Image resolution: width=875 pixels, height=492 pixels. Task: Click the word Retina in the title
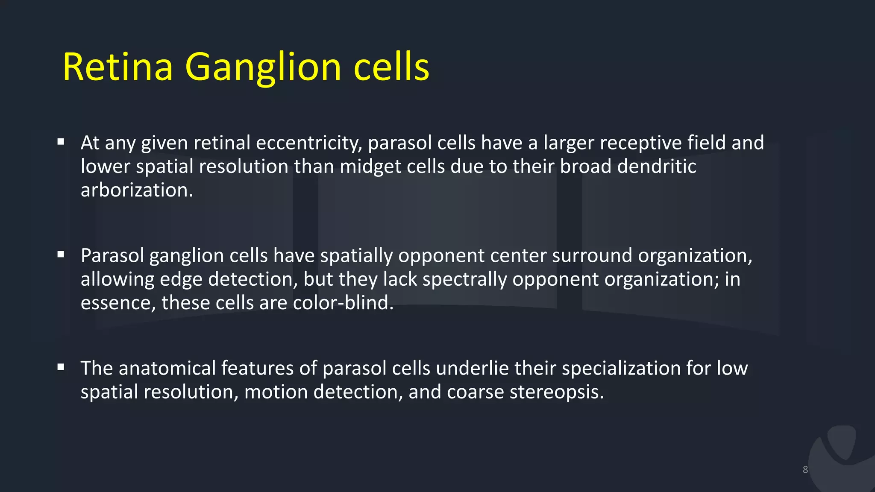117,67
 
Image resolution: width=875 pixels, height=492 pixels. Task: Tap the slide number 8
805,470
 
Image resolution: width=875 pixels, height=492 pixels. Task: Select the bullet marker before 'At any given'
61,141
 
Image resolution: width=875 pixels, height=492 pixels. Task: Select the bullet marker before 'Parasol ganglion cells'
61,254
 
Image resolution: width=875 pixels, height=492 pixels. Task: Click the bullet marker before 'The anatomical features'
61,367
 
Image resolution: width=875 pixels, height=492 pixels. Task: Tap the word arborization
137,190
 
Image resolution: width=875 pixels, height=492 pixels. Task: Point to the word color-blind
343,303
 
